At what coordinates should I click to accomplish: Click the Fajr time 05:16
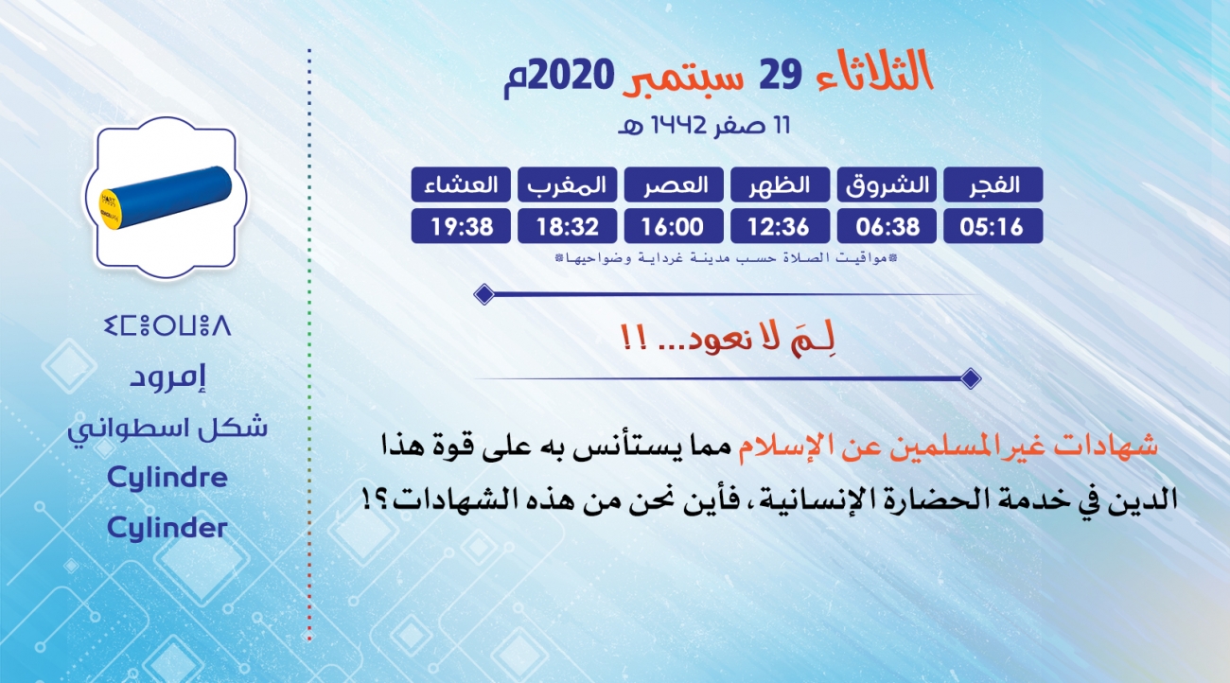click(x=993, y=226)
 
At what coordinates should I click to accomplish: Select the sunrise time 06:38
click(x=887, y=226)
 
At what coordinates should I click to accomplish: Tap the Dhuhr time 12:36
click(x=780, y=226)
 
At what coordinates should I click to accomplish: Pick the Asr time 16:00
click(x=674, y=226)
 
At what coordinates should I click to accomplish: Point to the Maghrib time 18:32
click(x=568, y=226)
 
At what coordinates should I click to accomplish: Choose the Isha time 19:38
click(x=461, y=226)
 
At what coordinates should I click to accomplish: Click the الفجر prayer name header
click(x=993, y=184)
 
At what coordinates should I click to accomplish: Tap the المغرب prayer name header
click(x=568, y=184)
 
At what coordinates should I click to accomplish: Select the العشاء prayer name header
click(x=461, y=184)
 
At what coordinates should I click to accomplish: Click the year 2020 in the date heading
click(x=571, y=75)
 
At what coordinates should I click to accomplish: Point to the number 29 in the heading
click(x=781, y=75)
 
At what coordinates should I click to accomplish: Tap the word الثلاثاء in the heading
click(x=874, y=71)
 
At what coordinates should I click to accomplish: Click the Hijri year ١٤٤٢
click(x=677, y=125)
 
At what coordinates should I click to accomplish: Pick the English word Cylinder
click(x=167, y=528)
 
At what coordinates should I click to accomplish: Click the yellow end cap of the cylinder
click(x=111, y=209)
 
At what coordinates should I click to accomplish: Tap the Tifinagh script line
click(x=167, y=325)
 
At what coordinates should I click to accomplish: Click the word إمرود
click(x=168, y=378)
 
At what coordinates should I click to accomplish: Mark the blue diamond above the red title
click(x=484, y=294)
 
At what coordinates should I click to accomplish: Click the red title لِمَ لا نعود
click(x=729, y=338)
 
